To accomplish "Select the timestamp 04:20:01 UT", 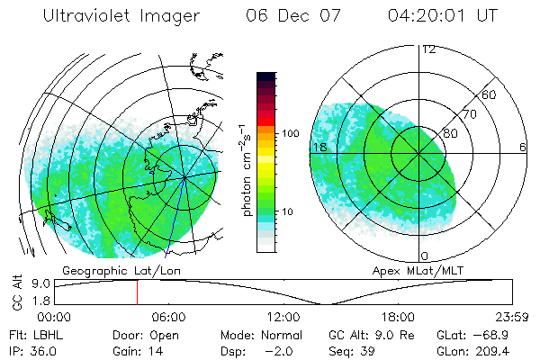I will point(441,16).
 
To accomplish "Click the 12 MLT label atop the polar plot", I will point(428,49).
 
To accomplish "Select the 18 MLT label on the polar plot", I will point(319,147).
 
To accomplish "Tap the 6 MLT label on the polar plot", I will point(522,147).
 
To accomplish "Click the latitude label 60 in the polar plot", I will point(490,94).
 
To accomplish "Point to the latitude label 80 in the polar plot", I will point(451,133).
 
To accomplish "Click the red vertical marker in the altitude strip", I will point(137,292).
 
